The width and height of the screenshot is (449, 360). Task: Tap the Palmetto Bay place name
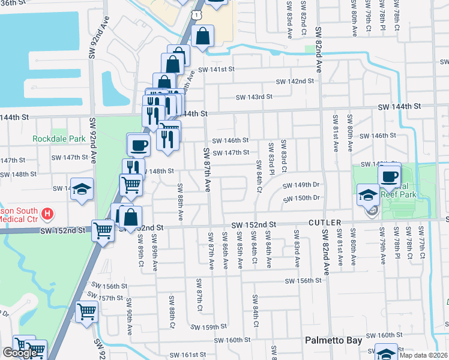point(333,340)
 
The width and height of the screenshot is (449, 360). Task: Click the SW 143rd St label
point(254,97)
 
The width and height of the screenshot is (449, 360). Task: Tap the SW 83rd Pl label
point(271,155)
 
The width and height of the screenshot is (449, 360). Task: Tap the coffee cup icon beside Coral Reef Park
point(389,176)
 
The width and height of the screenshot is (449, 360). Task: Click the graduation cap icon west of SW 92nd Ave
point(82,190)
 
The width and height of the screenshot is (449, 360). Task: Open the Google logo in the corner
point(19,353)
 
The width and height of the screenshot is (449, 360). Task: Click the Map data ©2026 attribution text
point(423,355)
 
